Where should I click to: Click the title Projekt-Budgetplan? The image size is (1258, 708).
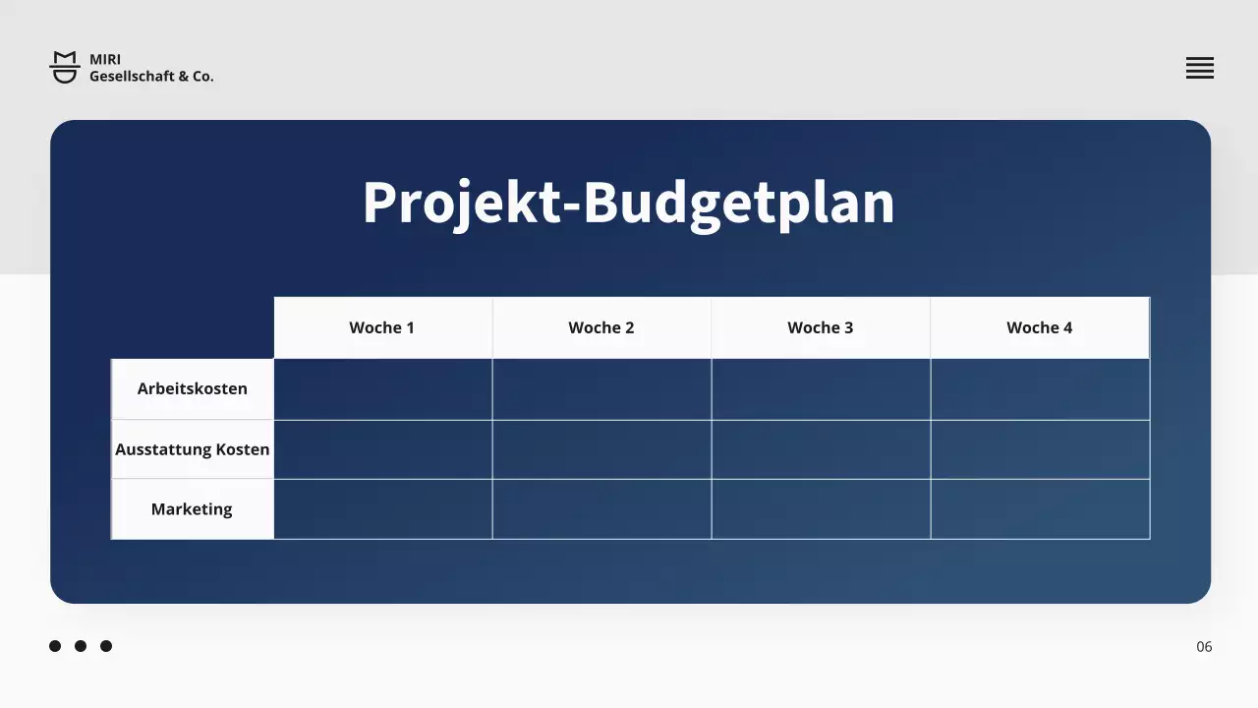628,204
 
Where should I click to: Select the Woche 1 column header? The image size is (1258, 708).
382,327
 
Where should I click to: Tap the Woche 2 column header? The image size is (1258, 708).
601,327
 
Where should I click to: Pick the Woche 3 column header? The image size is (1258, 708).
821,327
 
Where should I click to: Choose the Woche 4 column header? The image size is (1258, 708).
1040,327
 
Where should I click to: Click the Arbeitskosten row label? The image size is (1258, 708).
193,388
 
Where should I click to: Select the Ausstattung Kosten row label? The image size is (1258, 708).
193,449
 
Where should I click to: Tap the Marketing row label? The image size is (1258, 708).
193,509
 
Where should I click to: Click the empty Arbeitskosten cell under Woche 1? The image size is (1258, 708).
383,389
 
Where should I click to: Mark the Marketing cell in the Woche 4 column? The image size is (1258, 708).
1040,509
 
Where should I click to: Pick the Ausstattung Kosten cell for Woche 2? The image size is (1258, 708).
601,449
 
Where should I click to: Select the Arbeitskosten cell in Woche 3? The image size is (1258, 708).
821,389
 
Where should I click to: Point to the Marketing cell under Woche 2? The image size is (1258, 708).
601,509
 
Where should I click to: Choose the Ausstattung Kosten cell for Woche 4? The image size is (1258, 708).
1040,449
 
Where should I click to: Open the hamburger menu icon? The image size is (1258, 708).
1199,68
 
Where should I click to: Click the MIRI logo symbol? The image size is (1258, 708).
65,67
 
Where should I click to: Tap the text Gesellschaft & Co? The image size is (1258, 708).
151,76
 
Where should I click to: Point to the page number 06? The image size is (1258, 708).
1204,646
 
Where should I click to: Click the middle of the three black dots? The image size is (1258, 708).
81,646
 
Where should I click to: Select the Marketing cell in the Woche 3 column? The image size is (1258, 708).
821,509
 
